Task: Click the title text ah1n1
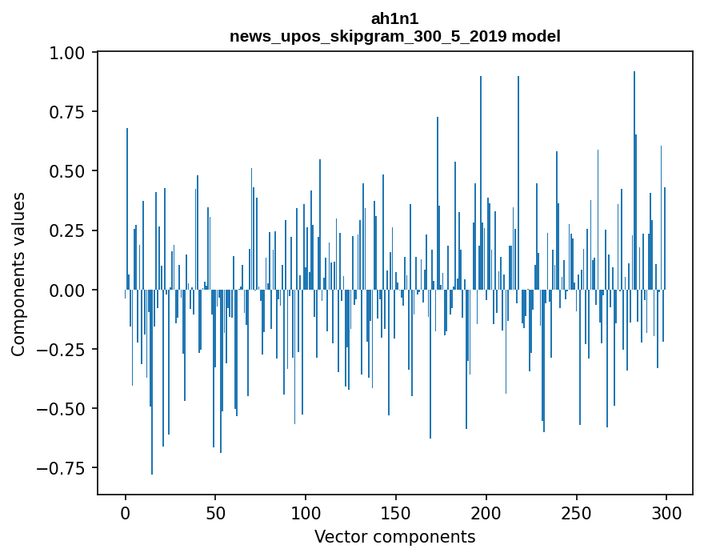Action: [394, 18]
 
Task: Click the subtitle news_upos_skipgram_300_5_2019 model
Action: [394, 36]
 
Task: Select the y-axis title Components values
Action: [18, 274]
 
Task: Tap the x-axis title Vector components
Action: [394, 537]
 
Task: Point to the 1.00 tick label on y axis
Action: [72, 53]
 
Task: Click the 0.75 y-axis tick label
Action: [72, 112]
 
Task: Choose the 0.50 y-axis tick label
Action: [72, 171]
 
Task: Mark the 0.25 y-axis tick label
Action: [72, 230]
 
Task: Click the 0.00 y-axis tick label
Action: [72, 290]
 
